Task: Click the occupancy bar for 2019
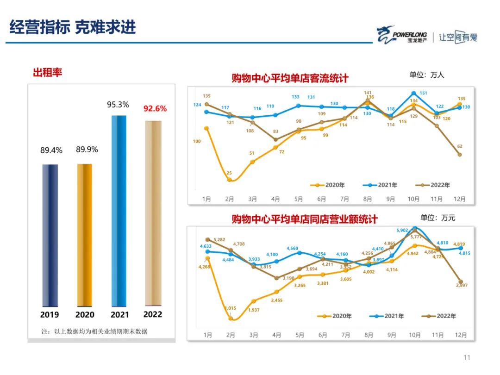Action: click(x=50, y=235)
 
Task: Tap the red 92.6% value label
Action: click(x=155, y=109)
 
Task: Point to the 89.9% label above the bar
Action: click(x=87, y=150)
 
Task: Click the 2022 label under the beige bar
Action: click(x=153, y=314)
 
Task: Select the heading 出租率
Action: click(x=47, y=72)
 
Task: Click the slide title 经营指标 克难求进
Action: click(x=73, y=27)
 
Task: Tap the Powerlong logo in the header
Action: click(x=402, y=35)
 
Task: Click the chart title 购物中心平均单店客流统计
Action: click(x=290, y=78)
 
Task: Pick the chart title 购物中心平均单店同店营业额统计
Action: click(x=305, y=219)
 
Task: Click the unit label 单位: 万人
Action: click(x=426, y=75)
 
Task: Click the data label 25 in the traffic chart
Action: click(x=229, y=173)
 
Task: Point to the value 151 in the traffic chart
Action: click(x=423, y=93)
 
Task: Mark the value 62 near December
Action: click(x=459, y=146)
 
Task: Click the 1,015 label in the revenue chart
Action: click(x=231, y=308)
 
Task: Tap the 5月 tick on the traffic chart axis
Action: click(x=299, y=199)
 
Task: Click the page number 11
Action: click(x=467, y=357)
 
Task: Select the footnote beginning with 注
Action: click(x=94, y=331)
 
